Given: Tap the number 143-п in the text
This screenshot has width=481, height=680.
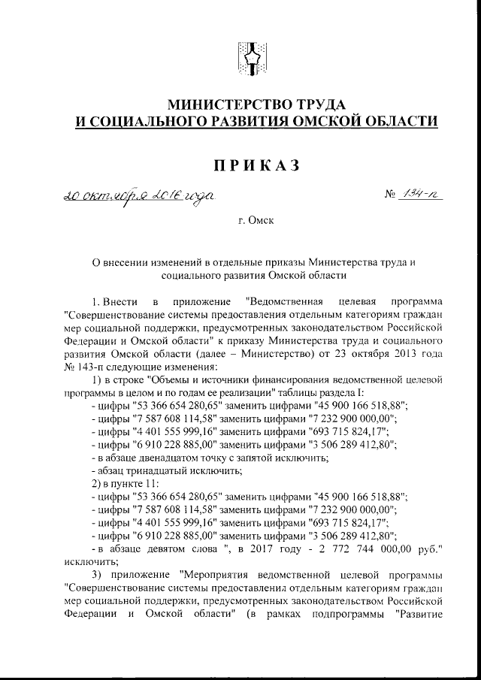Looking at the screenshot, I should tap(89, 367).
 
